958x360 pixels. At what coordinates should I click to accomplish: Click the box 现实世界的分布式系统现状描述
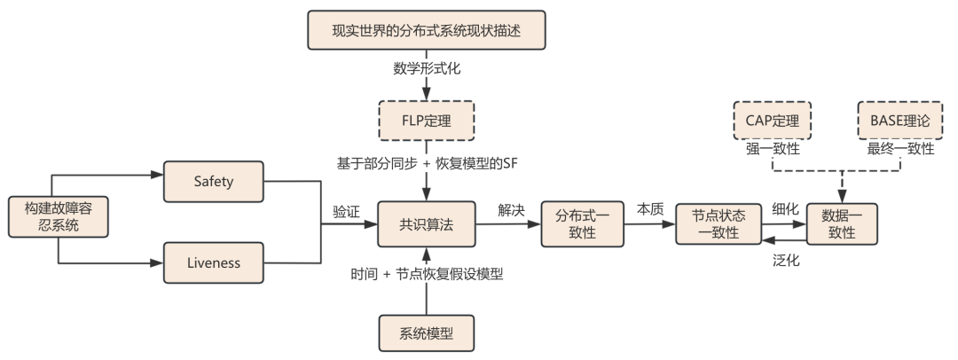coord(426,30)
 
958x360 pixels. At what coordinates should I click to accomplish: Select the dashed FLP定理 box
coord(427,121)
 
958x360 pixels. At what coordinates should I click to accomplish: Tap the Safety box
coord(213,182)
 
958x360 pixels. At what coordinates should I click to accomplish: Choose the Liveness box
coord(213,262)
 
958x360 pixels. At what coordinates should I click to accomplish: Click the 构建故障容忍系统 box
coord(58,216)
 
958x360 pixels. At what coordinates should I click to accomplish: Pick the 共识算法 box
coord(427,224)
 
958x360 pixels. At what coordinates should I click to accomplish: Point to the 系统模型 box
coord(427,333)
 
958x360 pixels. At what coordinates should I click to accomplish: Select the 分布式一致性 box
coord(582,224)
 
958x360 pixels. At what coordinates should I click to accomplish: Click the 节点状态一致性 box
coord(718,224)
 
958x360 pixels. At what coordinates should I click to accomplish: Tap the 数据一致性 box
coord(842,224)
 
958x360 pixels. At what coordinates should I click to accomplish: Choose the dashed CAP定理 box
coord(773,121)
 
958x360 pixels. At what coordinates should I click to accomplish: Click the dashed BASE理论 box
coord(900,121)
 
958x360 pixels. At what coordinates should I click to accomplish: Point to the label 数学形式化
coord(427,68)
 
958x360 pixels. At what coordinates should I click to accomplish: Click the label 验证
coord(346,211)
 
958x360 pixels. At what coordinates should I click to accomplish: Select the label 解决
coord(511,210)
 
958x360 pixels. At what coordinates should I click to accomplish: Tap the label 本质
coord(650,209)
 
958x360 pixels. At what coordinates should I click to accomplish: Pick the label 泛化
coord(786,261)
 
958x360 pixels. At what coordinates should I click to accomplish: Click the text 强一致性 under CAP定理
coord(773,149)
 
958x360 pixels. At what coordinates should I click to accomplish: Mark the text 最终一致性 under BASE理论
coord(900,149)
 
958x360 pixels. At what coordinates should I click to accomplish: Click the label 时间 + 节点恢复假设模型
coord(427,274)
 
